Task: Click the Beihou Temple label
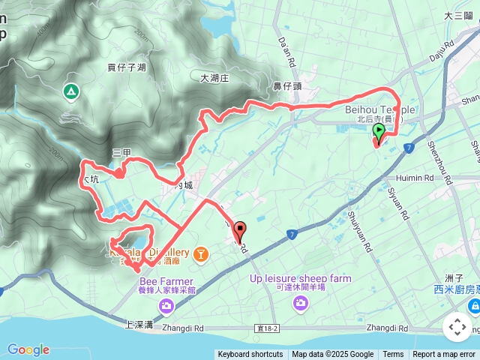[379, 109]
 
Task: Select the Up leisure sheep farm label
[301, 279]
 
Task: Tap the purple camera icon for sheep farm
[301, 303]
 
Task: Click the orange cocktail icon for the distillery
[201, 256]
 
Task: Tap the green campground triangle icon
[70, 91]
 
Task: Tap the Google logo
[28, 349]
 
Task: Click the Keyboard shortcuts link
[250, 355]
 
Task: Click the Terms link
[393, 355]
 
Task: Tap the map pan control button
[457, 327]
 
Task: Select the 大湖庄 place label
[218, 77]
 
